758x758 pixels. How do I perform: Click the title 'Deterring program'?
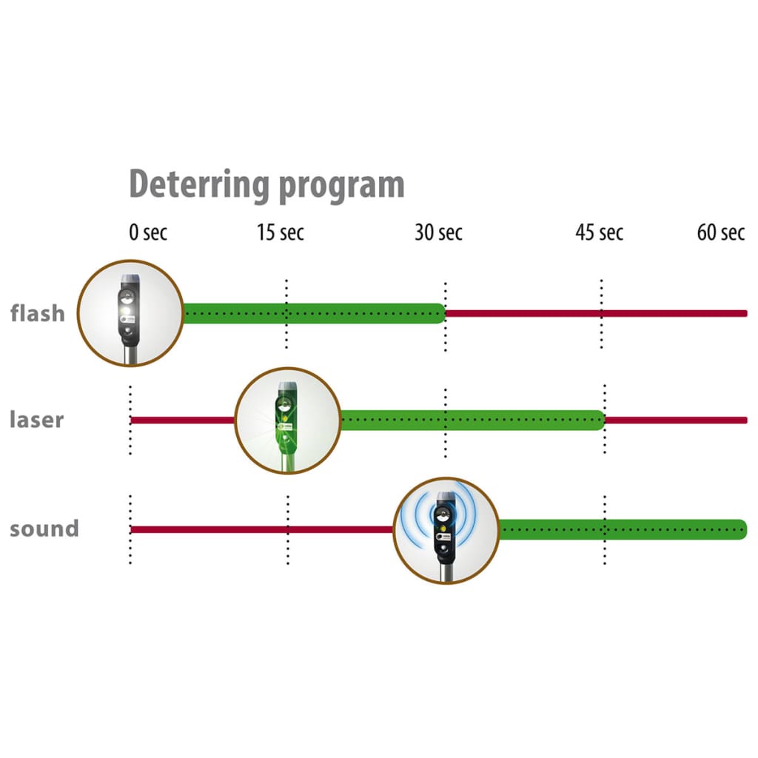coord(266,185)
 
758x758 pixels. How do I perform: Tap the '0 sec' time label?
coord(148,232)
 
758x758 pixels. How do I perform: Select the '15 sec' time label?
coord(281,232)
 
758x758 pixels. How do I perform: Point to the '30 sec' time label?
coord(438,232)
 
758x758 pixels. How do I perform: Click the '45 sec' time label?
coord(600,232)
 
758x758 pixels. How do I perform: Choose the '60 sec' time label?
coord(721,232)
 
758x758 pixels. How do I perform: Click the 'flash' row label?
coord(38,313)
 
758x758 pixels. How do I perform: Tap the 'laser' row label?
coord(37,420)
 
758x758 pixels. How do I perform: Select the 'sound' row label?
coord(44,529)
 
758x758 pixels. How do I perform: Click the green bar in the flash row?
coord(314,313)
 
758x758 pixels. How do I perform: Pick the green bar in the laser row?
coord(473,420)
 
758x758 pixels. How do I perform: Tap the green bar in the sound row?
coord(623,530)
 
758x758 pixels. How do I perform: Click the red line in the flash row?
coord(597,314)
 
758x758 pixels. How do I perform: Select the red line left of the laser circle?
coord(183,420)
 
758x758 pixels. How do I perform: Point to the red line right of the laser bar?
coord(677,420)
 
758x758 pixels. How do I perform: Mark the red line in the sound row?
coord(262,530)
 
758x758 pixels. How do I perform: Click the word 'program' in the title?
coord(342,186)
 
